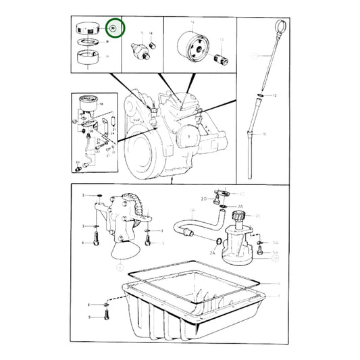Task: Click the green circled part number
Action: [x=114, y=29]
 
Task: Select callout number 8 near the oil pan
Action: [x=88, y=305]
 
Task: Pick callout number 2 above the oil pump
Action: [x=83, y=195]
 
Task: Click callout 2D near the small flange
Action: [x=203, y=199]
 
